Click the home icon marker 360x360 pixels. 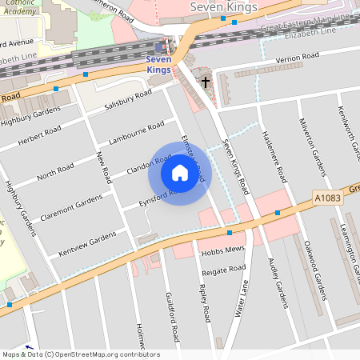click(180, 173)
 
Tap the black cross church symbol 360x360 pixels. click(205, 82)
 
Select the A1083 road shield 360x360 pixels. click(324, 196)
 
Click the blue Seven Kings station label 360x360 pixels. click(158, 64)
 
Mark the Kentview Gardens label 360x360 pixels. click(87, 243)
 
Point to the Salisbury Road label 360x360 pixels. click(128, 100)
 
